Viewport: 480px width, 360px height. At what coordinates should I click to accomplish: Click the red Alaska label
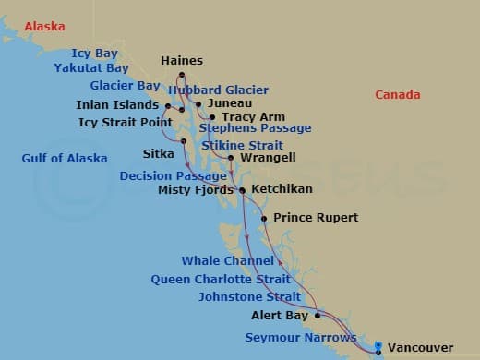click(44, 28)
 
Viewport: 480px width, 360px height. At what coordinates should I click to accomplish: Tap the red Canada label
click(397, 95)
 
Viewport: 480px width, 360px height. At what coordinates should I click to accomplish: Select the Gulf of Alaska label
click(65, 159)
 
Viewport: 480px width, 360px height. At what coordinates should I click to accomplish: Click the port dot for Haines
click(182, 75)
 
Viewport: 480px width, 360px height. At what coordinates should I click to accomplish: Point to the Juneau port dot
click(198, 104)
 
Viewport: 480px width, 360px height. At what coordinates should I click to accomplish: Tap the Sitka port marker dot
click(184, 141)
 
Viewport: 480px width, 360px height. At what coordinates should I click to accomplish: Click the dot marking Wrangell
click(231, 158)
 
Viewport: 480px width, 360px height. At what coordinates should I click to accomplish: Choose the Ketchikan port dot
click(243, 190)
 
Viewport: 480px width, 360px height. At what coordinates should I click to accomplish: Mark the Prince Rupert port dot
click(264, 219)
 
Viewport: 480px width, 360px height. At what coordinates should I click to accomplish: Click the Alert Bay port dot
click(317, 315)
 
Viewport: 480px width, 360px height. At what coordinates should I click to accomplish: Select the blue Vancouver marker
click(378, 348)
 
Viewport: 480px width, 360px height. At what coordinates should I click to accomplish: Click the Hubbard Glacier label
click(219, 90)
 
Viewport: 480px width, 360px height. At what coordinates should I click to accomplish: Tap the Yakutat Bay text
click(90, 68)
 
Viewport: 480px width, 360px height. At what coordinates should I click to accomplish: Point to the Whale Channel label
click(227, 261)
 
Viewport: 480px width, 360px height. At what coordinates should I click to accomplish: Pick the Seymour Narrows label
click(300, 338)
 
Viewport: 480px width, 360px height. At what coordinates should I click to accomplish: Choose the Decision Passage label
click(173, 175)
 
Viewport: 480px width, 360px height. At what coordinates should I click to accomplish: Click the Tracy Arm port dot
click(212, 117)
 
